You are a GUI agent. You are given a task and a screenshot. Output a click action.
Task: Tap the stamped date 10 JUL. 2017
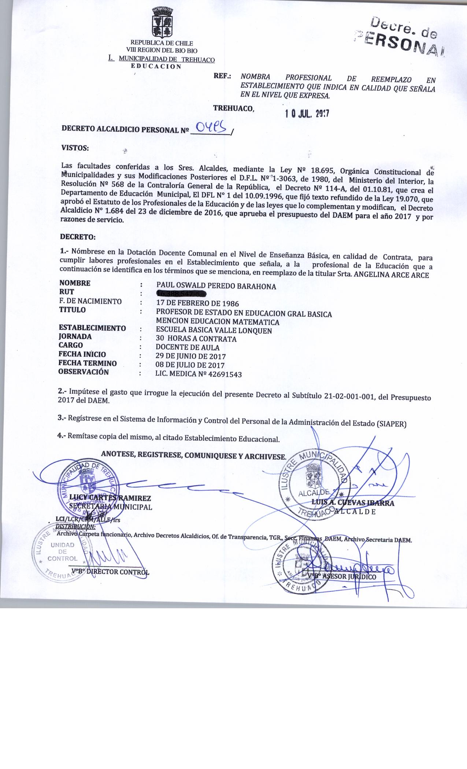[x=307, y=114]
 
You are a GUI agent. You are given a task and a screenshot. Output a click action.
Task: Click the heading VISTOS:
[x=75, y=148]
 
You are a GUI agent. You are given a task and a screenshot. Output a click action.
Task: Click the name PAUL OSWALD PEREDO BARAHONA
[x=216, y=286]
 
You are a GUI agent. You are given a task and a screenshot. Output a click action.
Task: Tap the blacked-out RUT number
[x=181, y=294]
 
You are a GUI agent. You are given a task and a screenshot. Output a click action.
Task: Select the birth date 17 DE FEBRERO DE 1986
[x=197, y=304]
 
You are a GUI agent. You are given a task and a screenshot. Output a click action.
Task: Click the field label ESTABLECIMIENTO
[x=92, y=328]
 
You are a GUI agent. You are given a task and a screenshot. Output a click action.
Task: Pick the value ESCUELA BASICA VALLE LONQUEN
[x=214, y=331]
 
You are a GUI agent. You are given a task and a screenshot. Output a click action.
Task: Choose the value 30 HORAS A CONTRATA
[x=196, y=339]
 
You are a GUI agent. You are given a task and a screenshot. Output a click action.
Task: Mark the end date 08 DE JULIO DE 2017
[x=190, y=365]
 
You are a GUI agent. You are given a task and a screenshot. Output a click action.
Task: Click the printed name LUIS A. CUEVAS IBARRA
[x=353, y=503]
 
